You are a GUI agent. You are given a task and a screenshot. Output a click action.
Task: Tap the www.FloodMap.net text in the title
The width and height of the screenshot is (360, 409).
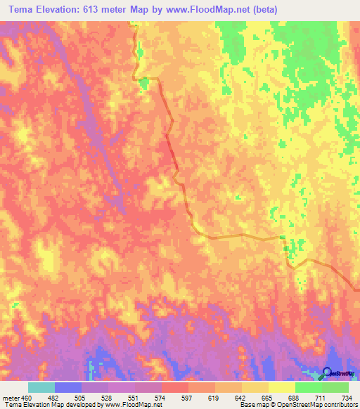(205, 10)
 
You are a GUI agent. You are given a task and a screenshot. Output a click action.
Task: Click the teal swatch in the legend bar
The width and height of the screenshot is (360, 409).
(41, 388)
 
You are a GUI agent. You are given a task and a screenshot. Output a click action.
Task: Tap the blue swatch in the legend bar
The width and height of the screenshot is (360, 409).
(67, 388)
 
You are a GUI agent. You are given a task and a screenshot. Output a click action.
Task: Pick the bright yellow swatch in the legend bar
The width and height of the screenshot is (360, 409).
(281, 388)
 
